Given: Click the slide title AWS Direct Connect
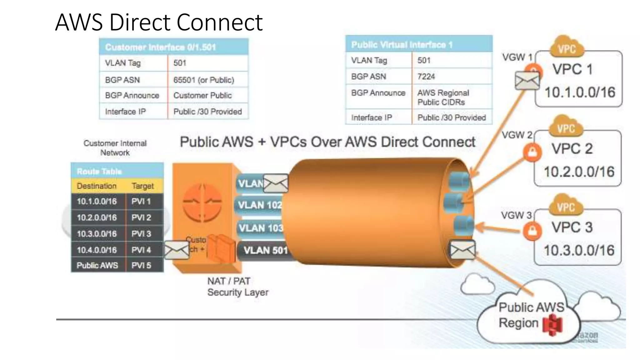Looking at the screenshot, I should pos(159,22).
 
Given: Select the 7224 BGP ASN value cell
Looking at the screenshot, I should pos(426,77).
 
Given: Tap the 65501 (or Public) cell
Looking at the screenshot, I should pos(204,80).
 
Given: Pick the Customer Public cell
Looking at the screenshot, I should pos(202,95).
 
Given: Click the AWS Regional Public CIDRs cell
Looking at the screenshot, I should pos(443,97).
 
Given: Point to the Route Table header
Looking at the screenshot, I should pos(99,171).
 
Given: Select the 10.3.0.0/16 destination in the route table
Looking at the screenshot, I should pos(97,234).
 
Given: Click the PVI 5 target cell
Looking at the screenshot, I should pos(141,265).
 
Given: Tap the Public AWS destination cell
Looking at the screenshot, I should pos(97,265).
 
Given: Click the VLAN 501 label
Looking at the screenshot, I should pos(265,250).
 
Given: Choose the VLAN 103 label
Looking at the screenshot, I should pos(261,228).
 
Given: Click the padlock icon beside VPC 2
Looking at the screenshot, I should pos(532,152).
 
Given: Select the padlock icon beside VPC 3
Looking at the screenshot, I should pos(532,231).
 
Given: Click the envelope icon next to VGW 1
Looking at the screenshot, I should pos(527,80).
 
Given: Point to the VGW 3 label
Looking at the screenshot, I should pos(516,215).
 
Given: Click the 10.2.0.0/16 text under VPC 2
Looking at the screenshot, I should pos(579,172).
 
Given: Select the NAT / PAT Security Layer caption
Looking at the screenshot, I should pos(237,287).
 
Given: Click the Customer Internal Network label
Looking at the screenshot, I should pos(115,148).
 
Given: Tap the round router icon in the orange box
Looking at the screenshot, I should pos(202,202).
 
